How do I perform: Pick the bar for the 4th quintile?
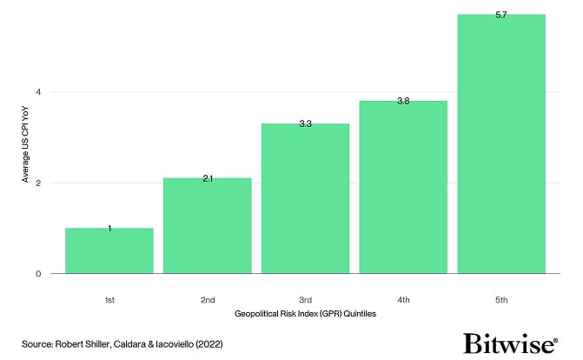(403, 187)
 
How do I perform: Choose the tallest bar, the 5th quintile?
(501, 143)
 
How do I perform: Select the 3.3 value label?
(306, 125)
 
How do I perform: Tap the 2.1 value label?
(208, 179)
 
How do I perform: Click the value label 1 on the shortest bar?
(109, 229)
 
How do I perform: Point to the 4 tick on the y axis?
(38, 92)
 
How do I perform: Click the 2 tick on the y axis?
(38, 183)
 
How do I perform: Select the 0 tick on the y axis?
(38, 274)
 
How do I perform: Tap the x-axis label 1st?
(109, 299)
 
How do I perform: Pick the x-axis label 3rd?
(306, 299)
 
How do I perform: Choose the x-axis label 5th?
(501, 299)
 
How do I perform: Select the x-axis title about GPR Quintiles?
(305, 312)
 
